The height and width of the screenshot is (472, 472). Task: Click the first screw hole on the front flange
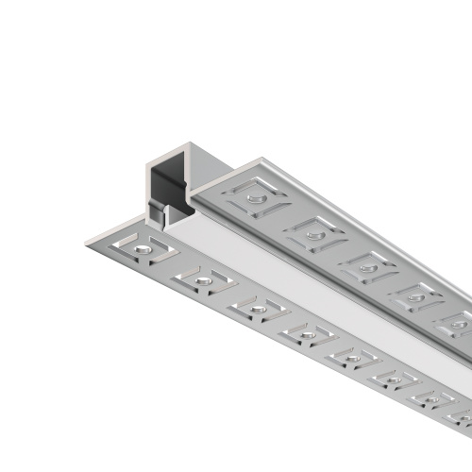pos(140,247)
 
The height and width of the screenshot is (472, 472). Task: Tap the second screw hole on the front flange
pos(201,278)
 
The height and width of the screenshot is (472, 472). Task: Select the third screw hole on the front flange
pos(255,307)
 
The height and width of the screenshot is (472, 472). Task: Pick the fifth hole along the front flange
pos(351,356)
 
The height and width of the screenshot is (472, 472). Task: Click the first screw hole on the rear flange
pos(254,197)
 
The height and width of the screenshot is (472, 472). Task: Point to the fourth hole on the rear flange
pos(413,296)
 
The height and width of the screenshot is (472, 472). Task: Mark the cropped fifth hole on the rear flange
pos(457,324)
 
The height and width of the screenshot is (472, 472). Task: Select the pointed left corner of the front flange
pos(87,238)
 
